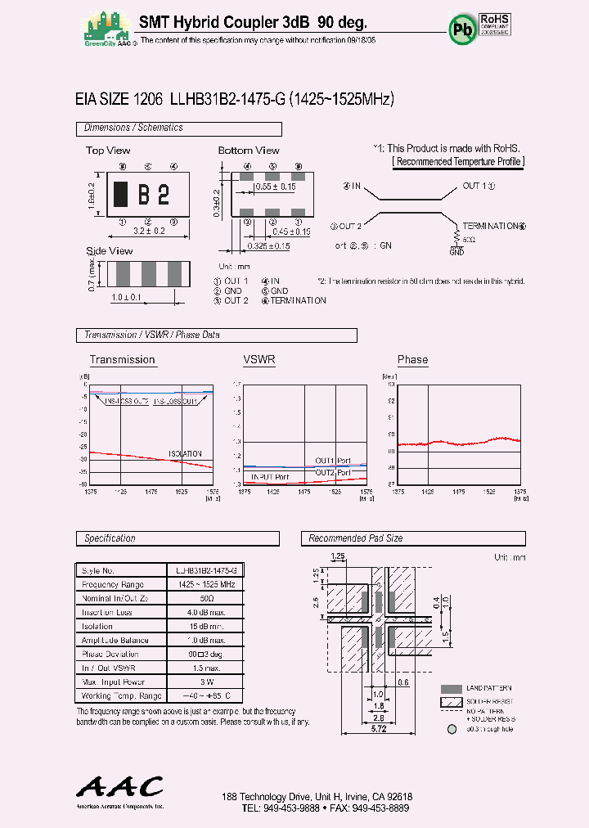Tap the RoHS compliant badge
click(x=494, y=24)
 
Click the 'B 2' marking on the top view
click(x=152, y=195)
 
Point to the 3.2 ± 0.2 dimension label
click(x=148, y=232)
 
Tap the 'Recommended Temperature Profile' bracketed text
click(x=458, y=162)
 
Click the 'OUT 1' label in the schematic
click(x=478, y=187)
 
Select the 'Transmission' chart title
click(x=122, y=360)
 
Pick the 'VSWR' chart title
click(x=259, y=360)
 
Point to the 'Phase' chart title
click(x=412, y=360)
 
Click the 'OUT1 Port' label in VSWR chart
click(x=333, y=461)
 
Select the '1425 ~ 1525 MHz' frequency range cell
click(x=205, y=584)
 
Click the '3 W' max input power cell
click(x=205, y=682)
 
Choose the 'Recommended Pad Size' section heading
click(x=355, y=538)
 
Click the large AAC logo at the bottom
click(x=120, y=786)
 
